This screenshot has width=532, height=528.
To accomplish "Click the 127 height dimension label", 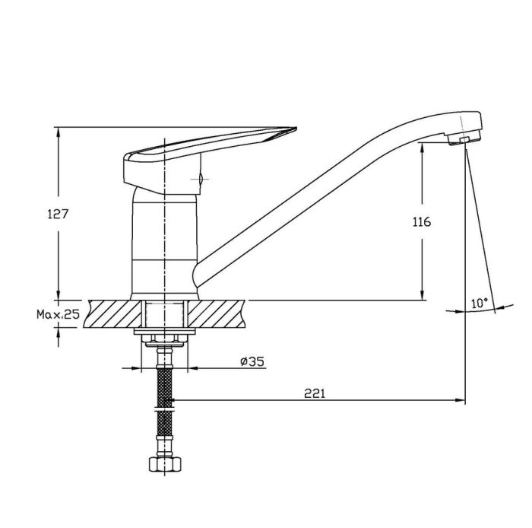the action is pyautogui.click(x=58, y=215).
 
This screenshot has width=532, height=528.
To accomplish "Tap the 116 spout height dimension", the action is pyautogui.click(x=422, y=222).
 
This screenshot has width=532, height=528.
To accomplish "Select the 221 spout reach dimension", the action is pyautogui.click(x=315, y=393).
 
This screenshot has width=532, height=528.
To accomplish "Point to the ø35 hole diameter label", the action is pyautogui.click(x=252, y=361).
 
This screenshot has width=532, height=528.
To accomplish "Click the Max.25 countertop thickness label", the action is pyautogui.click(x=58, y=314).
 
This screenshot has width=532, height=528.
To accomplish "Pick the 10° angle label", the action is pyautogui.click(x=480, y=303).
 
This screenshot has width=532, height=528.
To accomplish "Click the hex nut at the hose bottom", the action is pyautogui.click(x=165, y=464).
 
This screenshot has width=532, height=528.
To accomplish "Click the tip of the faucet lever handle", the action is pyautogui.click(x=296, y=129).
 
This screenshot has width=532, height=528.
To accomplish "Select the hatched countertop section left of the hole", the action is pyautogui.click(x=114, y=313).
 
